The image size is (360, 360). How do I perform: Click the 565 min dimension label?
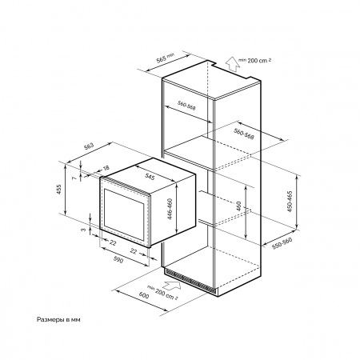pyautogui.click(x=165, y=58)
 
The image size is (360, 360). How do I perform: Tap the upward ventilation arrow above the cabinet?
pyautogui.click(x=231, y=64)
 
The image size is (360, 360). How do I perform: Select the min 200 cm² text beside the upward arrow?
pyautogui.click(x=255, y=60)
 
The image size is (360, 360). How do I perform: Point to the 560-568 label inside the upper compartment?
pyautogui.click(x=186, y=106)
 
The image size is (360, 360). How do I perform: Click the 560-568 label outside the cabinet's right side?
pyautogui.click(x=244, y=134)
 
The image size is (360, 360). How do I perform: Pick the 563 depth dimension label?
pyautogui.click(x=89, y=146)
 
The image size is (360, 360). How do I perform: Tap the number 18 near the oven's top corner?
pyautogui.click(x=106, y=168)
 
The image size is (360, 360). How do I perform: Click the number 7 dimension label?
pyautogui.click(x=74, y=177)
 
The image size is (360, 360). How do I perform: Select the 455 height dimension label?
pyautogui.click(x=59, y=190)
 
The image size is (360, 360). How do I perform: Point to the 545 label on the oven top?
pyautogui.click(x=150, y=177)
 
